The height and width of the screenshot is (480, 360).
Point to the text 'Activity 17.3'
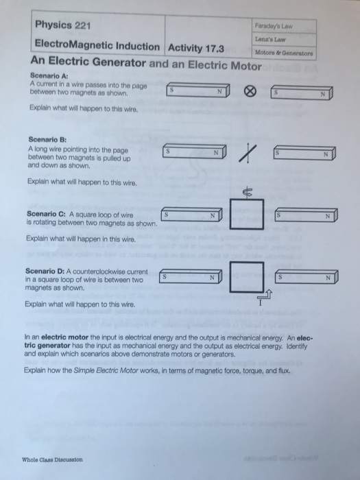tap(197, 48)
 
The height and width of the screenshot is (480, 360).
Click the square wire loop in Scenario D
tap(244, 277)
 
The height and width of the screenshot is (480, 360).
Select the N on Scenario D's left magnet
tap(213, 278)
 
